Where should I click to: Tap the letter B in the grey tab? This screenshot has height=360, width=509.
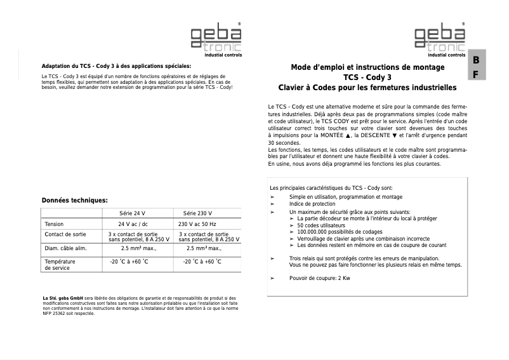[476, 60]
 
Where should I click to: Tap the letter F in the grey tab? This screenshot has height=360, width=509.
[476, 74]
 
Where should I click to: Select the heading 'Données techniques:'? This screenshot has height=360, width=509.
[74, 200]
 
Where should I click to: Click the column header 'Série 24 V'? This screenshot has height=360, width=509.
[132, 213]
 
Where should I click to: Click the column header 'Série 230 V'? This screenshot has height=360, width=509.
[197, 213]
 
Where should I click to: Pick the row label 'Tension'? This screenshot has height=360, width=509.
[54, 224]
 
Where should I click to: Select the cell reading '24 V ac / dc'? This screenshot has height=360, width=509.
[133, 224]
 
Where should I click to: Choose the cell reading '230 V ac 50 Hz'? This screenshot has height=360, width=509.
[197, 224]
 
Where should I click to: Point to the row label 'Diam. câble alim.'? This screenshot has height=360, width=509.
[65, 248]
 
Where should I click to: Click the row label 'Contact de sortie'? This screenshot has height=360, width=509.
[65, 234]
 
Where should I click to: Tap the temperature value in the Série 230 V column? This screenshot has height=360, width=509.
[202, 262]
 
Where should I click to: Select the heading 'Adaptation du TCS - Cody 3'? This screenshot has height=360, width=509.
[116, 66]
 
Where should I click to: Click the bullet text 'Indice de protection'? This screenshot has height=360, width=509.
[312, 204]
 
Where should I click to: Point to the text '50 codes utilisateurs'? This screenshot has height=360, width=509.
[321, 225]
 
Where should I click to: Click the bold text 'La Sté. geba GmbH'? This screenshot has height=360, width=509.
[63, 298]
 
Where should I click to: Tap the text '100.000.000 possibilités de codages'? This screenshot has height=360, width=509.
[340, 232]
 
